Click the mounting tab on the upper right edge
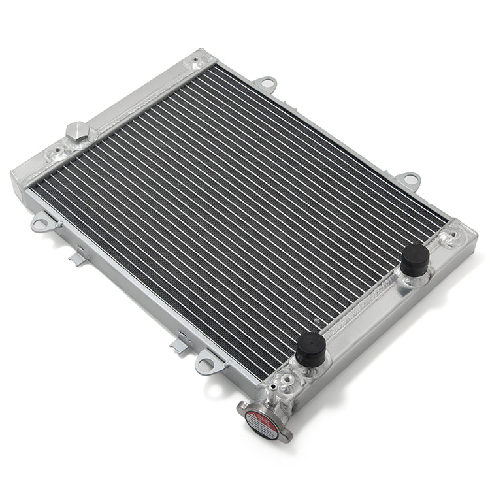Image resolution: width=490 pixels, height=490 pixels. coord(409,178)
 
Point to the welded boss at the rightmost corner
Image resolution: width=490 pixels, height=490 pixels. coord(451,237)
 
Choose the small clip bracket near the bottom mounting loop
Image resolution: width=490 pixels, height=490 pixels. coord(180,343)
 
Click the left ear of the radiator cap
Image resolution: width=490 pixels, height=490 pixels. coord(240,409)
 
